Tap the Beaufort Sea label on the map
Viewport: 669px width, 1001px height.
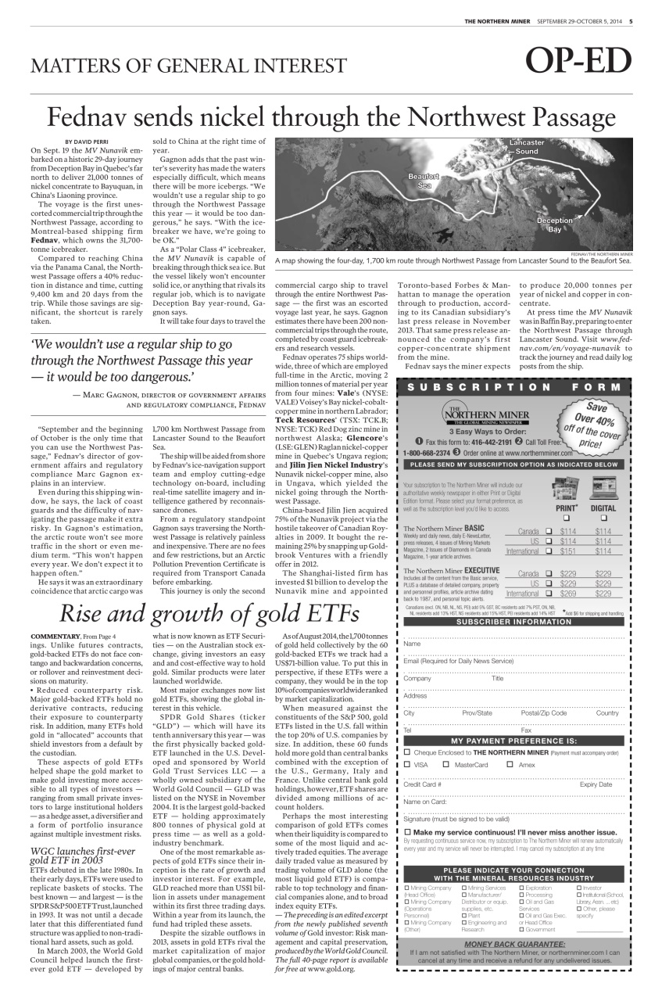click(x=424, y=181)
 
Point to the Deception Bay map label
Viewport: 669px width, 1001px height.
click(x=554, y=225)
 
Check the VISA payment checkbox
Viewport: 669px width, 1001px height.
click(x=407, y=764)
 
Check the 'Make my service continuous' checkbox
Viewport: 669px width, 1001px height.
click(x=407, y=831)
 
